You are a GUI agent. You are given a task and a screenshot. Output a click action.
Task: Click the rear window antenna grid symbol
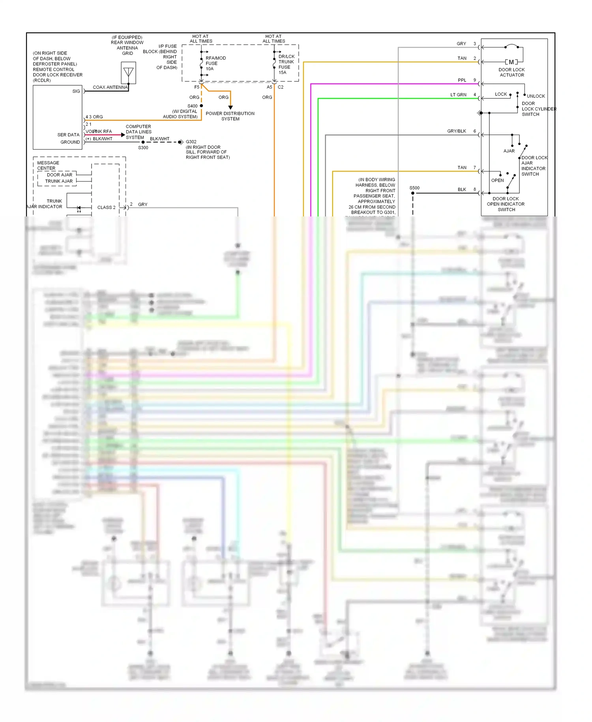pyautogui.click(x=128, y=73)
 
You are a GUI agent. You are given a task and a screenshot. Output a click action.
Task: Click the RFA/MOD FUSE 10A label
pyautogui.click(x=215, y=63)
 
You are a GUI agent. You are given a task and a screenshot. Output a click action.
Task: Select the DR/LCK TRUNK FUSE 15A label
pyautogui.click(x=286, y=64)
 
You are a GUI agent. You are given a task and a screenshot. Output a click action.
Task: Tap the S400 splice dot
pyautogui.click(x=201, y=106)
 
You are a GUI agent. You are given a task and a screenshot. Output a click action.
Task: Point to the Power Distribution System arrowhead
pyautogui.click(x=230, y=107)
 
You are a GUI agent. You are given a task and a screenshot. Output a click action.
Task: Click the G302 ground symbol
pyautogui.click(x=180, y=142)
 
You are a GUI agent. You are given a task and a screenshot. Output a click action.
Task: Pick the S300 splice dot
pyautogui.click(x=143, y=142)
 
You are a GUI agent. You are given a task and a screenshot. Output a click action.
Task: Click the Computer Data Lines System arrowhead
pyautogui.click(x=123, y=135)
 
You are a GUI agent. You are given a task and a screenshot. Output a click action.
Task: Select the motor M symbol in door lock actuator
pyautogui.click(x=511, y=62)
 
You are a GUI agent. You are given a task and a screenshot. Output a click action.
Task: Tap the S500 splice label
pyautogui.click(x=414, y=188)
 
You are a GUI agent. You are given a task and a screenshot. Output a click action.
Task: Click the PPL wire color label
pyautogui.click(x=462, y=80)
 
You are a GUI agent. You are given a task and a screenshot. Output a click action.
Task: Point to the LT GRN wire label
pyautogui.click(x=458, y=95)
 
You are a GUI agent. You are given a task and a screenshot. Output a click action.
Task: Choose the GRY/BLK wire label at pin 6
pyautogui.click(x=457, y=131)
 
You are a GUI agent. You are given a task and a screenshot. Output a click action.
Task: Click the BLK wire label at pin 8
pyautogui.click(x=462, y=190)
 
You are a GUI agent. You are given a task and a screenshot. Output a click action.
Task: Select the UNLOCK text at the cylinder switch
pyautogui.click(x=536, y=96)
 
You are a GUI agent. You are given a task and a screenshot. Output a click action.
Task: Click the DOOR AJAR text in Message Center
pyautogui.click(x=60, y=175)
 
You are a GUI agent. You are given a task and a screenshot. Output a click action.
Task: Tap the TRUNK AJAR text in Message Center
pyautogui.click(x=59, y=181)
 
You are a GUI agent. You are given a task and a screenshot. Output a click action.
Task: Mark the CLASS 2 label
pyautogui.click(x=106, y=207)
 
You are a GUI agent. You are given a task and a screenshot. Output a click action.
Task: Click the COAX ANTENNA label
pyautogui.click(x=110, y=87)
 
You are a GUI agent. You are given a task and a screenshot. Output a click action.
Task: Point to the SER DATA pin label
pyautogui.click(x=68, y=135)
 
